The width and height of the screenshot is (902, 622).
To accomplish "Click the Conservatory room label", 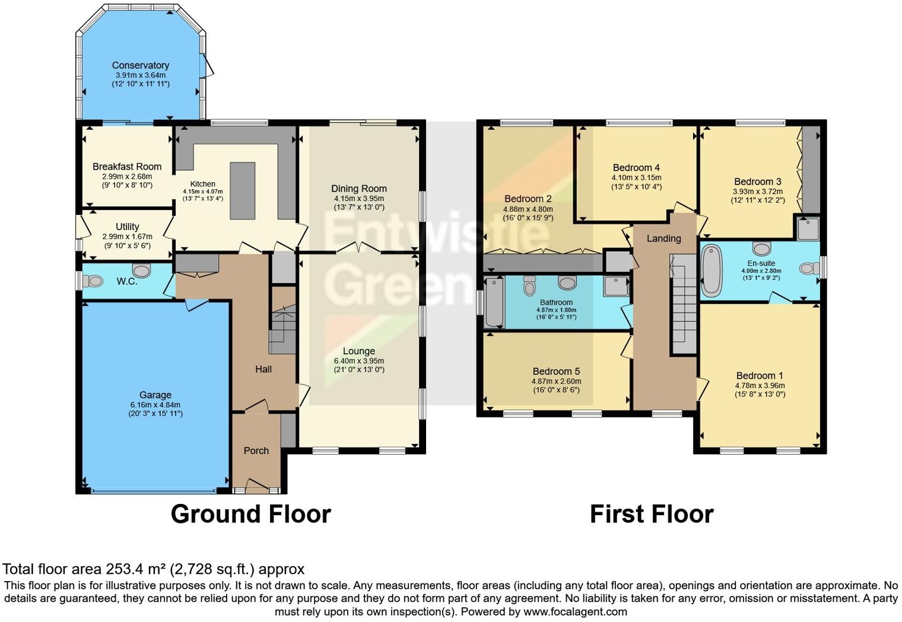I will coord(141,65).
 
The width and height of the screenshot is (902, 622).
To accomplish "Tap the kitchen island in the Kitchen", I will coord(242,191).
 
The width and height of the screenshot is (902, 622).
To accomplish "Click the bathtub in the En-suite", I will coord(710,271).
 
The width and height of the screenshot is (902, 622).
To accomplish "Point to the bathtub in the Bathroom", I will coord(494,303).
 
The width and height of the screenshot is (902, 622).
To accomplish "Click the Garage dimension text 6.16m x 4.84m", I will coord(155,405).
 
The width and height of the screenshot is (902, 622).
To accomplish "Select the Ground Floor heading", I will coord(250,514).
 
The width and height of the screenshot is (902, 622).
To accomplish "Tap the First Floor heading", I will coord(651,514).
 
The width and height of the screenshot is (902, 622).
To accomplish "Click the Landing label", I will coord(663,239).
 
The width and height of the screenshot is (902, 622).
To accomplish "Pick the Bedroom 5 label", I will coord(556,372).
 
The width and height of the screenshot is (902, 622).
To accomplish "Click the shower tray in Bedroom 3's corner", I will coord(808,229).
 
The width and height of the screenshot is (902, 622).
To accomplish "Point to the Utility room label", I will coord(127,227).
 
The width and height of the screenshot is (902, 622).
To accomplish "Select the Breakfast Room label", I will coord(127,167).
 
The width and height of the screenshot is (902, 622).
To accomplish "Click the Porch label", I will coord(256,450).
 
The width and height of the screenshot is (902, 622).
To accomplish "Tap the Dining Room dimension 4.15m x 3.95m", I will coord(358,199).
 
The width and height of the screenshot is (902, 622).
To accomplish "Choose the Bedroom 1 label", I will coord(760,376).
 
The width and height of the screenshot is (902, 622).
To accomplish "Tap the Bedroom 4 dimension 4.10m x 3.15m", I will coord(636,177).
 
